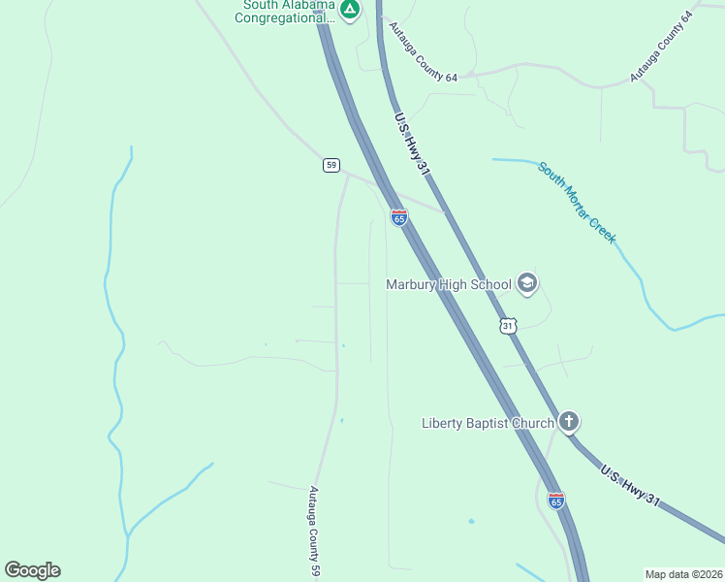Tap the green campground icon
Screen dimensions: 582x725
click(x=350, y=10)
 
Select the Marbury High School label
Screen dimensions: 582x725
click(x=449, y=284)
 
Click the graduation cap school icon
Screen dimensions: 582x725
click(x=527, y=283)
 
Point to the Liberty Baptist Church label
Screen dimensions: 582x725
click(x=488, y=422)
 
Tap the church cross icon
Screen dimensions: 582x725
click(x=569, y=422)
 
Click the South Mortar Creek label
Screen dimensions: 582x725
click(x=578, y=202)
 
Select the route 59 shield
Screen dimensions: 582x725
click(x=331, y=166)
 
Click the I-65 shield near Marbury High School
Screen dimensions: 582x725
click(x=398, y=217)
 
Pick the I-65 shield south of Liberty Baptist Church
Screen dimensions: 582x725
click(x=555, y=501)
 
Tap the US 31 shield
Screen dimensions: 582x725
click(x=508, y=326)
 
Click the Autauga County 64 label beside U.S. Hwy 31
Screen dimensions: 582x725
click(x=423, y=50)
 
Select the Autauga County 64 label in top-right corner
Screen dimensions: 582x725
click(x=663, y=46)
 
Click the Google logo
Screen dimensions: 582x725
click(x=32, y=570)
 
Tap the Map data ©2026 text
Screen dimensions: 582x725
click(x=683, y=573)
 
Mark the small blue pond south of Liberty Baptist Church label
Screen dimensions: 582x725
click(x=471, y=522)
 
